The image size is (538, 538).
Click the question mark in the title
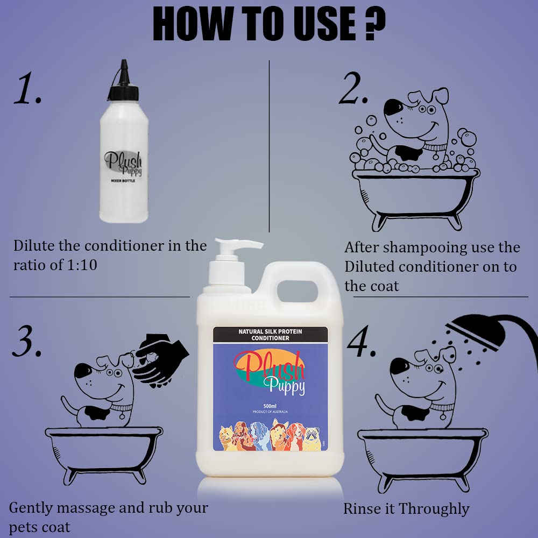[374, 24]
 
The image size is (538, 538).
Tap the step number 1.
[27, 89]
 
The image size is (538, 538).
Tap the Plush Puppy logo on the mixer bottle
[123, 164]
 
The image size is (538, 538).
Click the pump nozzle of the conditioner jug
[239, 244]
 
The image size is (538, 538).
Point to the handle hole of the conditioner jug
[297, 291]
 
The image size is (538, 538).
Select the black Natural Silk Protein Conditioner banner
[271, 335]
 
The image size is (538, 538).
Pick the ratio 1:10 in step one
[82, 265]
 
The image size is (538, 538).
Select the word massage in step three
[86, 508]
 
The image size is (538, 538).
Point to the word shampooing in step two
[420, 248]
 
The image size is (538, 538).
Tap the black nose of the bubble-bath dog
[393, 108]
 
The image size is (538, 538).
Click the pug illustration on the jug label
[312, 438]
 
